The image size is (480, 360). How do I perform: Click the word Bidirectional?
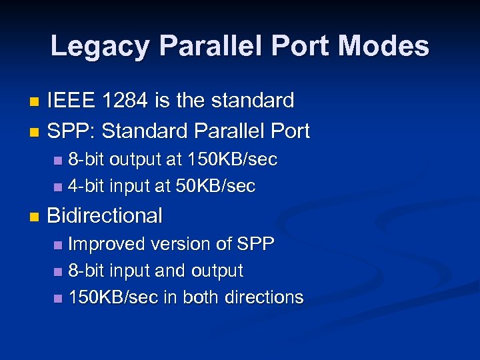[x=105, y=215]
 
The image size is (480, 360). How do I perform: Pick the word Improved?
[x=107, y=244]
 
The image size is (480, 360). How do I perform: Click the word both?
[x=197, y=297]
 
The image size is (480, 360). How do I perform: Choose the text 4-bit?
[x=86, y=186]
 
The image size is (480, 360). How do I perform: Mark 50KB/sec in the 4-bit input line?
[x=215, y=186]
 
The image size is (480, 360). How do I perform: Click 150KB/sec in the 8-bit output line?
[x=233, y=159]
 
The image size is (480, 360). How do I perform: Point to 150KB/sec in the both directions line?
[x=113, y=297]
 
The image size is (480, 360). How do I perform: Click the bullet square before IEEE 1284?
[x=35, y=102]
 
